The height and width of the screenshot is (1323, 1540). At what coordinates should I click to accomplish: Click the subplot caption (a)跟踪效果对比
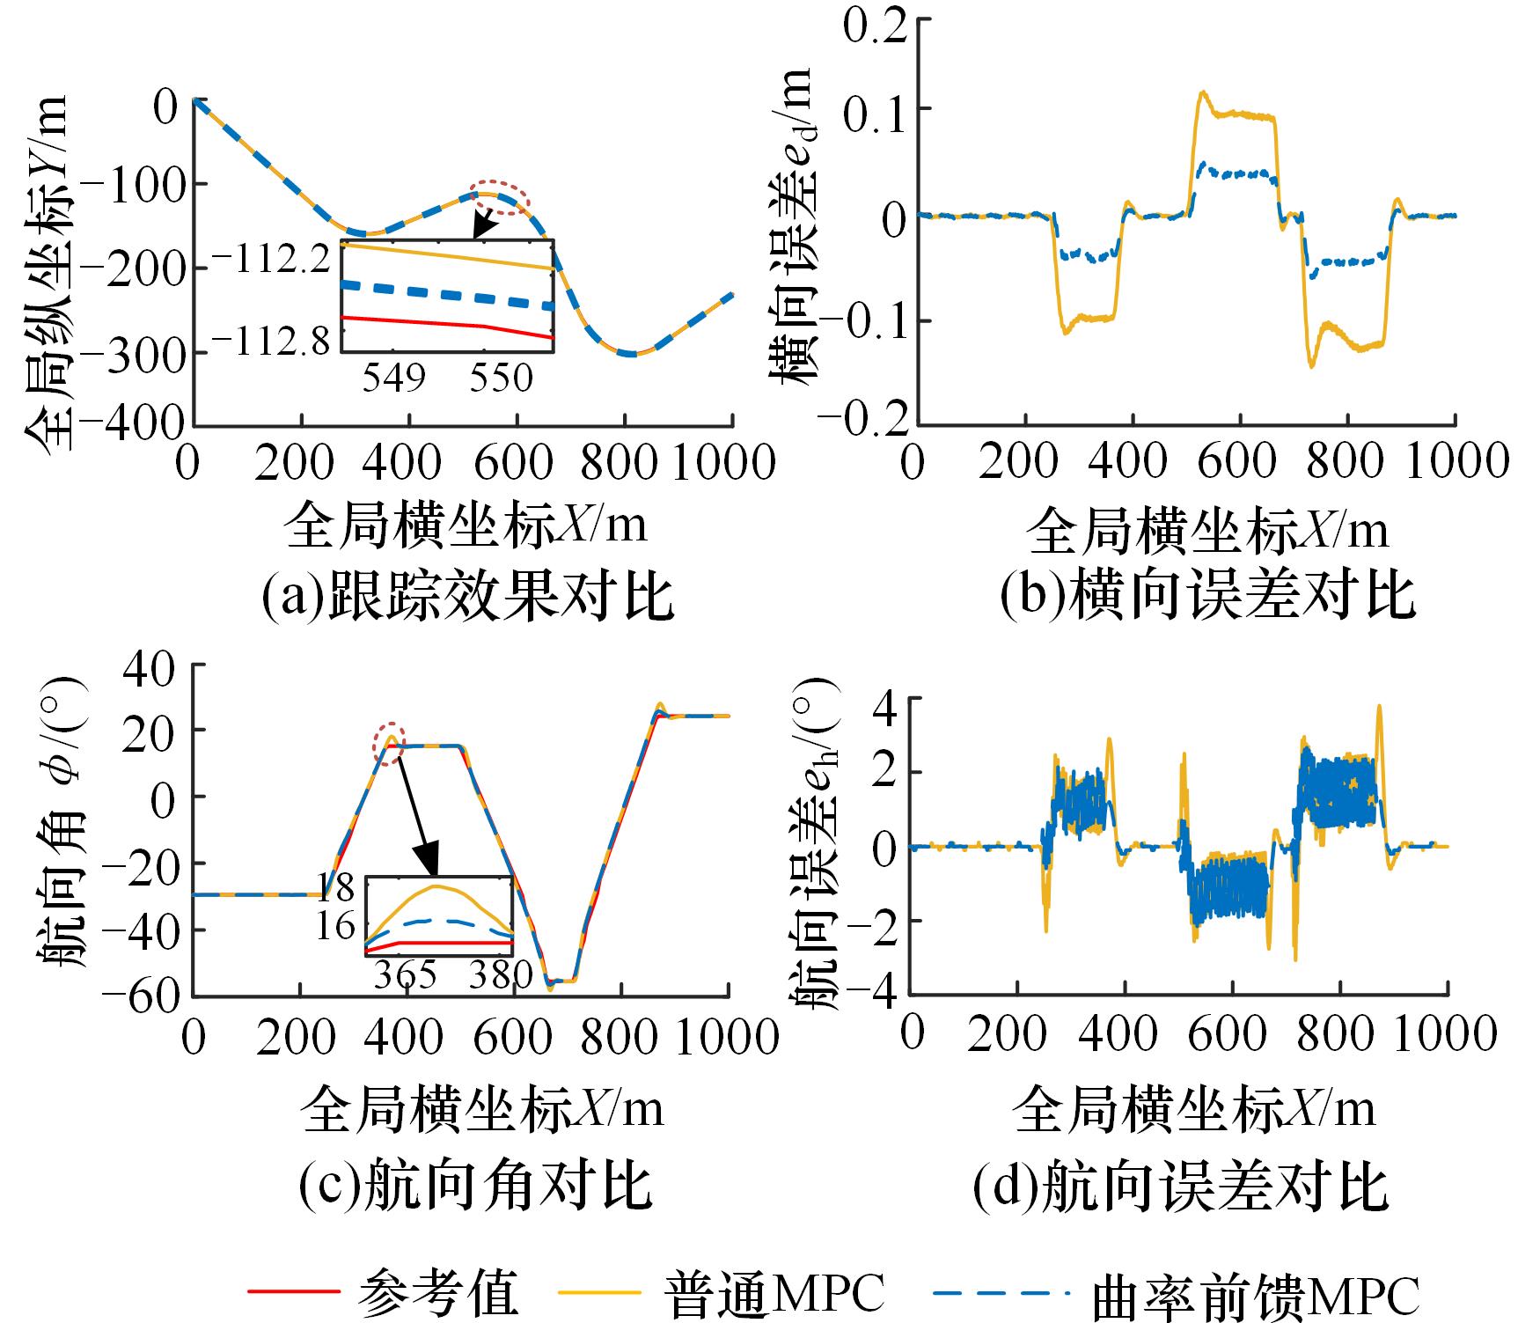(x=467, y=598)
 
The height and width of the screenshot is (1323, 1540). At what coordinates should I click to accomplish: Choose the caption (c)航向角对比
(x=475, y=1184)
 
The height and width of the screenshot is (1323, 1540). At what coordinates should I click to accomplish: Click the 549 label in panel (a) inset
(x=393, y=377)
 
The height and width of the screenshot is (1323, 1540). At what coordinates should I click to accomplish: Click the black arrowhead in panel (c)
(x=429, y=862)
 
